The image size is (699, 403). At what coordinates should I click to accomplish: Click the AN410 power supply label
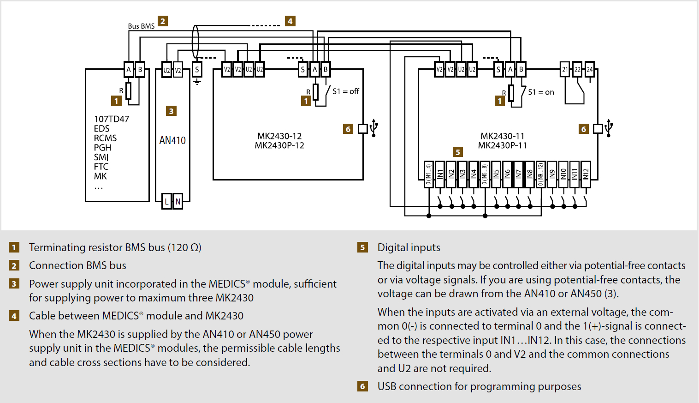click(172, 141)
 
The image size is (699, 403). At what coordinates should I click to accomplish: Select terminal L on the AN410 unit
click(166, 201)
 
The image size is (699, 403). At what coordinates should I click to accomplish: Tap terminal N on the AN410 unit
click(178, 201)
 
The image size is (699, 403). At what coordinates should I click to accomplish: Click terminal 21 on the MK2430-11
click(565, 69)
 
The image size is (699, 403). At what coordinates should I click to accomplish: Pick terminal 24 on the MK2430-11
click(589, 69)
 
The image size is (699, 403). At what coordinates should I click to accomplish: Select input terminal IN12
click(586, 174)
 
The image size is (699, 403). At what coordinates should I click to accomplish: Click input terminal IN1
click(440, 174)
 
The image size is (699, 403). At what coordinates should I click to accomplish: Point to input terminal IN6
click(507, 174)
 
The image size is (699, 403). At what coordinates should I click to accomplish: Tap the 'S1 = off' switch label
click(346, 91)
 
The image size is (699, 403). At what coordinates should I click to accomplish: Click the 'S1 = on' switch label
click(541, 92)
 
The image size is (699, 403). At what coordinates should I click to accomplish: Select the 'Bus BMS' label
click(141, 26)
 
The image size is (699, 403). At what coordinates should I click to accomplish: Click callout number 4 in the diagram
click(290, 21)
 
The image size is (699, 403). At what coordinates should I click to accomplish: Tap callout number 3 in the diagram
click(171, 111)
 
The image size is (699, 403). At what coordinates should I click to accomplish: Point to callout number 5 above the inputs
click(458, 152)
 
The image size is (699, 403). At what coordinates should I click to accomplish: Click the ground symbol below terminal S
click(197, 82)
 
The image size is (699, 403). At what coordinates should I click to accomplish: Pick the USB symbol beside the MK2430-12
click(374, 128)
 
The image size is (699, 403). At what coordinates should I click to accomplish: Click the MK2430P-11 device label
click(503, 145)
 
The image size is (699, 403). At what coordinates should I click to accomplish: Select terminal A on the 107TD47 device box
click(129, 69)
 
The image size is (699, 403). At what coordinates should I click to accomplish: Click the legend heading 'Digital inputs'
click(409, 247)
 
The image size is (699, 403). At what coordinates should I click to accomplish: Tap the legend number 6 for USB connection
click(362, 386)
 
